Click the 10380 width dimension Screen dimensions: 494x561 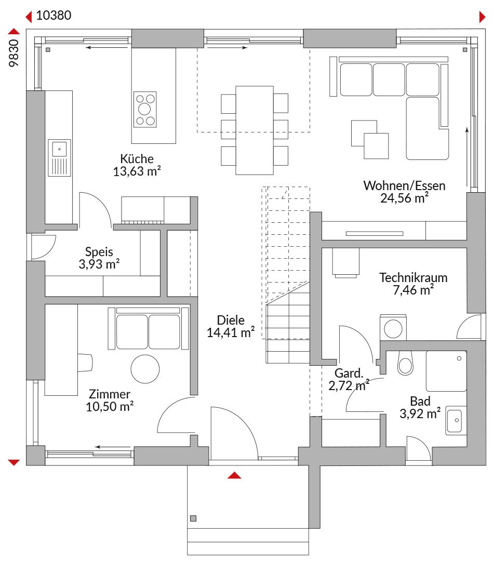coord(54,16)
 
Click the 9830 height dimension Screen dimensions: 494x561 coord(14,53)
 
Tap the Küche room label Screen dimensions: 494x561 coord(137,158)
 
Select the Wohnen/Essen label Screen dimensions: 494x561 coord(404,185)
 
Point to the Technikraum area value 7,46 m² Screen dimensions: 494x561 coord(413,290)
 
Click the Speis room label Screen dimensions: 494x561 coord(99,252)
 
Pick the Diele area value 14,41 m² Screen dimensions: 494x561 coord(231,333)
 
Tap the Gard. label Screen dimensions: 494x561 coord(349,373)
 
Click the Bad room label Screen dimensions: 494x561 coord(420,401)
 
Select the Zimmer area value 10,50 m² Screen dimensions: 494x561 coord(110,407)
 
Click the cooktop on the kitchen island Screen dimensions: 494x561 coord(145,110)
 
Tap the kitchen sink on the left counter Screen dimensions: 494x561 coord(59,158)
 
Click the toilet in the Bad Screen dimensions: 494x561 coord(405,363)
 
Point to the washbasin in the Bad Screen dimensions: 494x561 coord(456,420)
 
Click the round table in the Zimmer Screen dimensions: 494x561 coord(145,369)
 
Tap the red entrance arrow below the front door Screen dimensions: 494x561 coord(234,475)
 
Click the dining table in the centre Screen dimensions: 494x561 coord(255,130)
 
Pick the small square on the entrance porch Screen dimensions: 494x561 coord(193,518)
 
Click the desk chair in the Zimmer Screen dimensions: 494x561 coord(85,363)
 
